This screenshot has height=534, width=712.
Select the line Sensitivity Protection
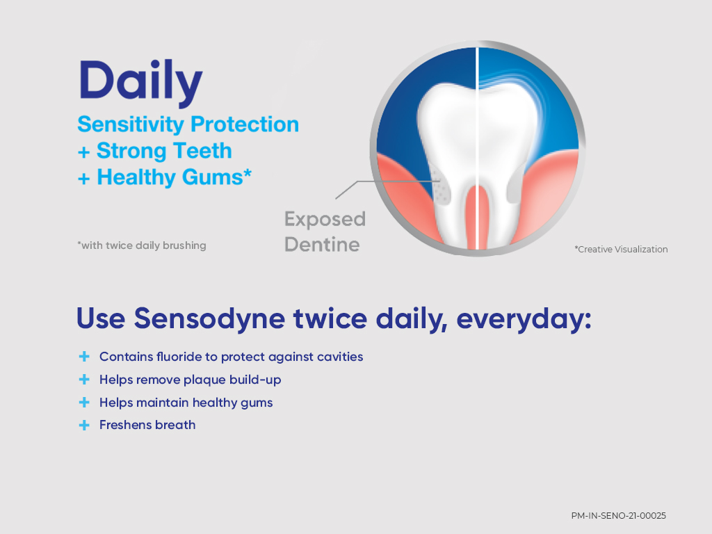188,124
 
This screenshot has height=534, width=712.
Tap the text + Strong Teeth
154,151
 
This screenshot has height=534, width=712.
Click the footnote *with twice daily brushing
142,245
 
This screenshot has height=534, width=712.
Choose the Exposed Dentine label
324,232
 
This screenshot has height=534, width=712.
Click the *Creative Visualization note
620,249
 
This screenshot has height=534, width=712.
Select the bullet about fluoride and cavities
231,357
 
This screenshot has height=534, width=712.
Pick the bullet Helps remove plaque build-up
190,380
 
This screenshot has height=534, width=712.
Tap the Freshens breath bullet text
147,425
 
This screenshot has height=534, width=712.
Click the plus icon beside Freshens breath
84,425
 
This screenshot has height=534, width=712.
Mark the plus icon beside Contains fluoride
84,357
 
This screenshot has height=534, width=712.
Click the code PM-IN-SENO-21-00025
618,515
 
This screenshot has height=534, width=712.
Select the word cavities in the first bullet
339,357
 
